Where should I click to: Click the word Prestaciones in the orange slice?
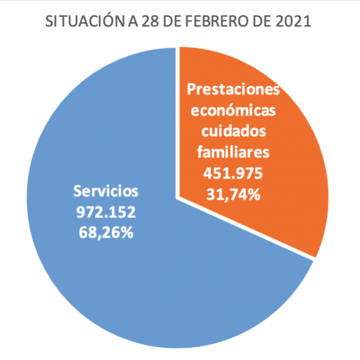pyautogui.click(x=233, y=90)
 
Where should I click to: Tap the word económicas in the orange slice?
pyautogui.click(x=233, y=111)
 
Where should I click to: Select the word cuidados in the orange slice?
pyautogui.click(x=233, y=132)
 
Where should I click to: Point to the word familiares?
pyautogui.click(x=233, y=152)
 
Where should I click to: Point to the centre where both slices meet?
pyautogui.click(x=177, y=198)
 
